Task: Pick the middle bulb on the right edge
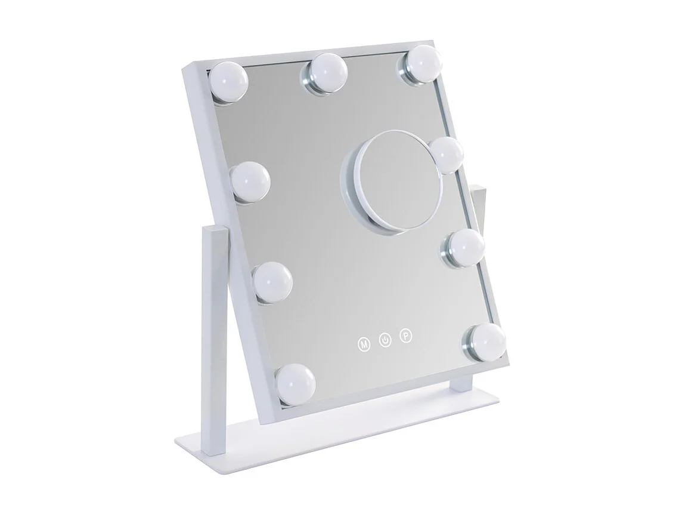[x=465, y=246]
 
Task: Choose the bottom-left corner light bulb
[x=296, y=383]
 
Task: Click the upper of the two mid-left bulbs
[x=250, y=183]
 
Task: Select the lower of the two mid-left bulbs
[x=272, y=281]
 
